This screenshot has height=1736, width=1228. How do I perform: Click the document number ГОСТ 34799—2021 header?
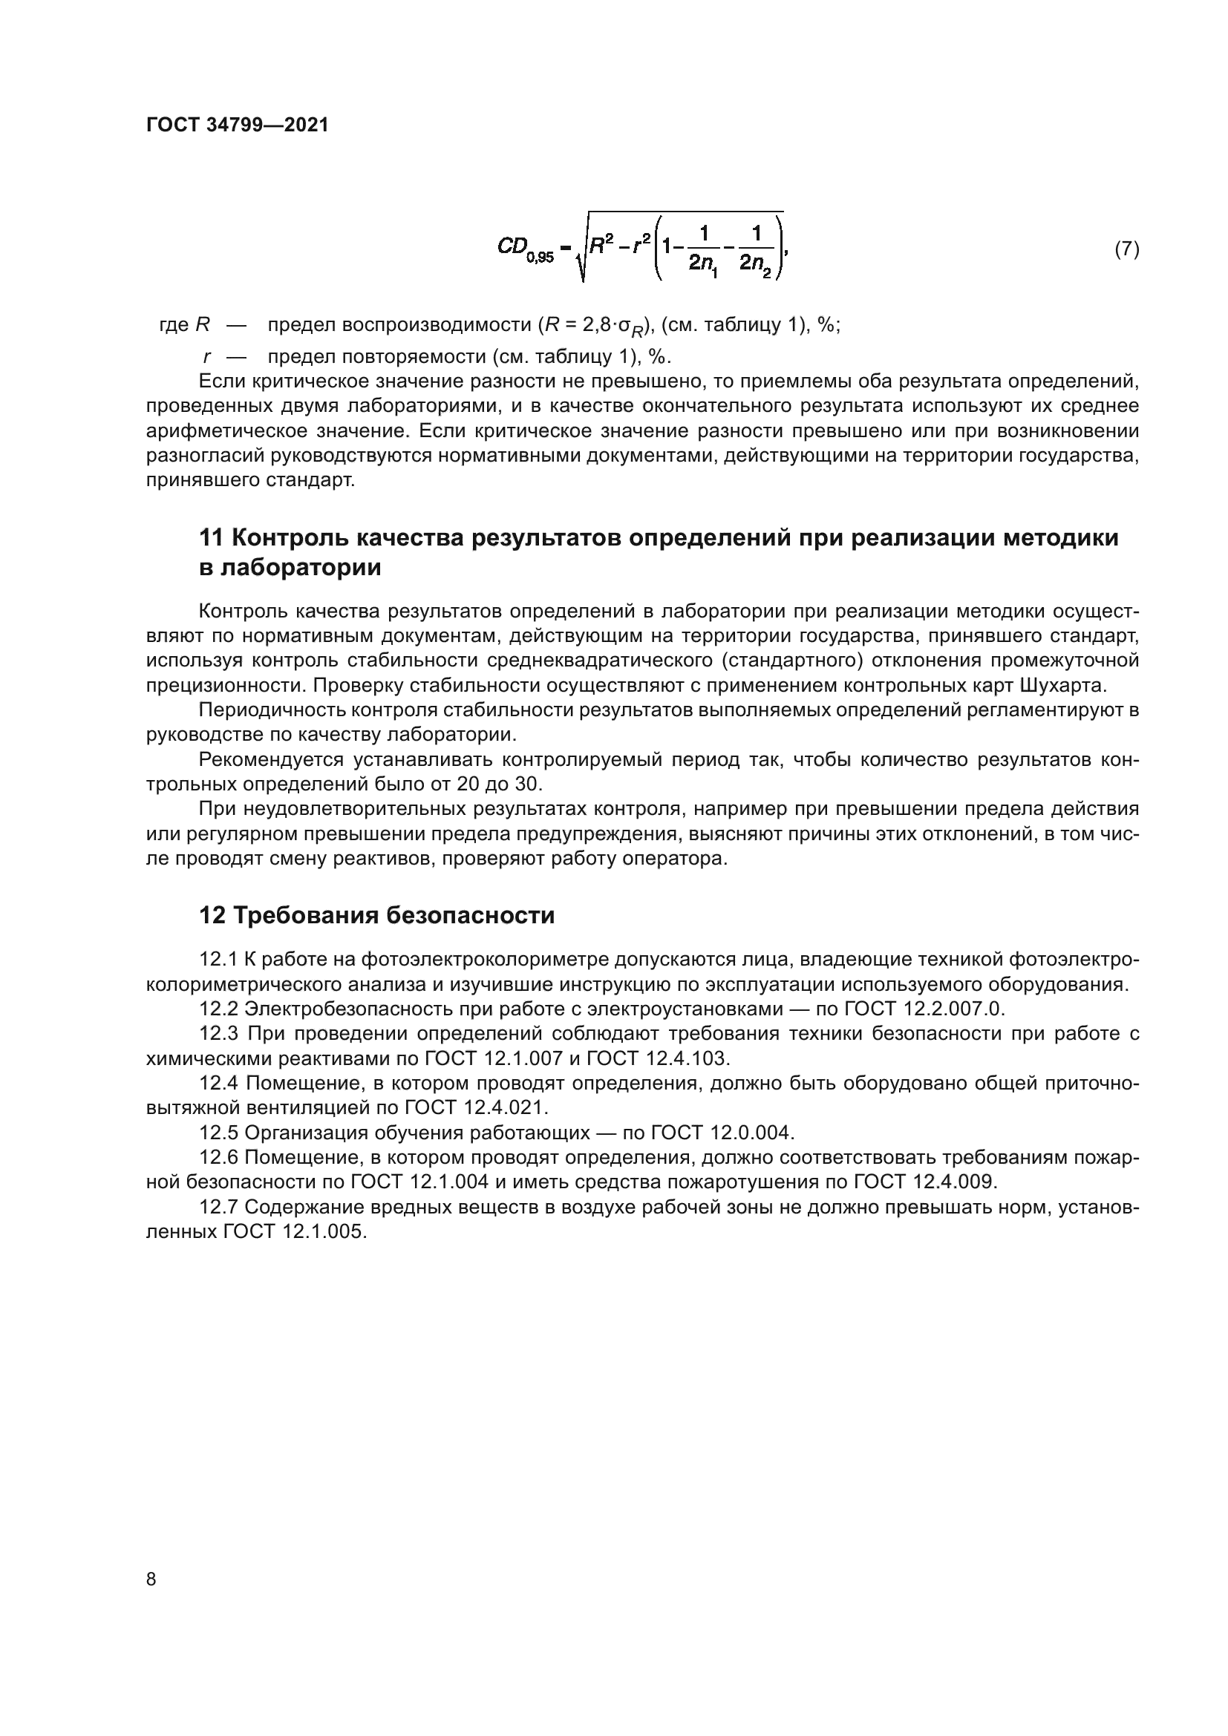coord(238,125)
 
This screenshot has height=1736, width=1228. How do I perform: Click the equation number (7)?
coord(1127,249)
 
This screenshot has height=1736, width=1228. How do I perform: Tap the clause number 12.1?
coord(218,960)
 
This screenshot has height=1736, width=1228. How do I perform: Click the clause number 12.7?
coord(218,1208)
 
